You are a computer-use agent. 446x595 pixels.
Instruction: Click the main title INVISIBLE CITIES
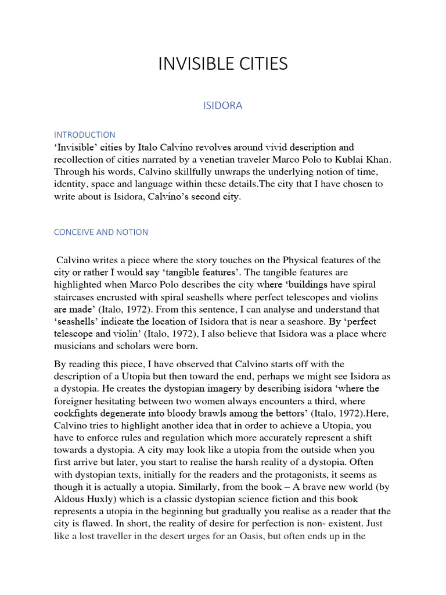coord(223,64)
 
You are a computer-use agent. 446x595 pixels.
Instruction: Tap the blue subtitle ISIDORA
coord(222,106)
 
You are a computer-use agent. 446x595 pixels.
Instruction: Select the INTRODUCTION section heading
coord(84,135)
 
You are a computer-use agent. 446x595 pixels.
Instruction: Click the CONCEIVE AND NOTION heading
coord(100,232)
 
